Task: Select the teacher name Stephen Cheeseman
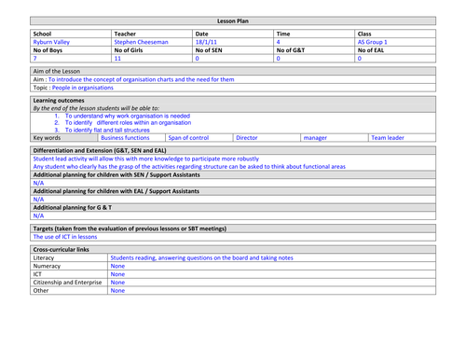point(141,42)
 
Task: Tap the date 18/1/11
point(208,42)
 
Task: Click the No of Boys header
point(51,50)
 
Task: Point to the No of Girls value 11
point(117,59)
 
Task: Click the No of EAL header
point(376,50)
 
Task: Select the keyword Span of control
point(189,137)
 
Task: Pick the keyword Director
point(247,137)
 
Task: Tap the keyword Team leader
point(388,137)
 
